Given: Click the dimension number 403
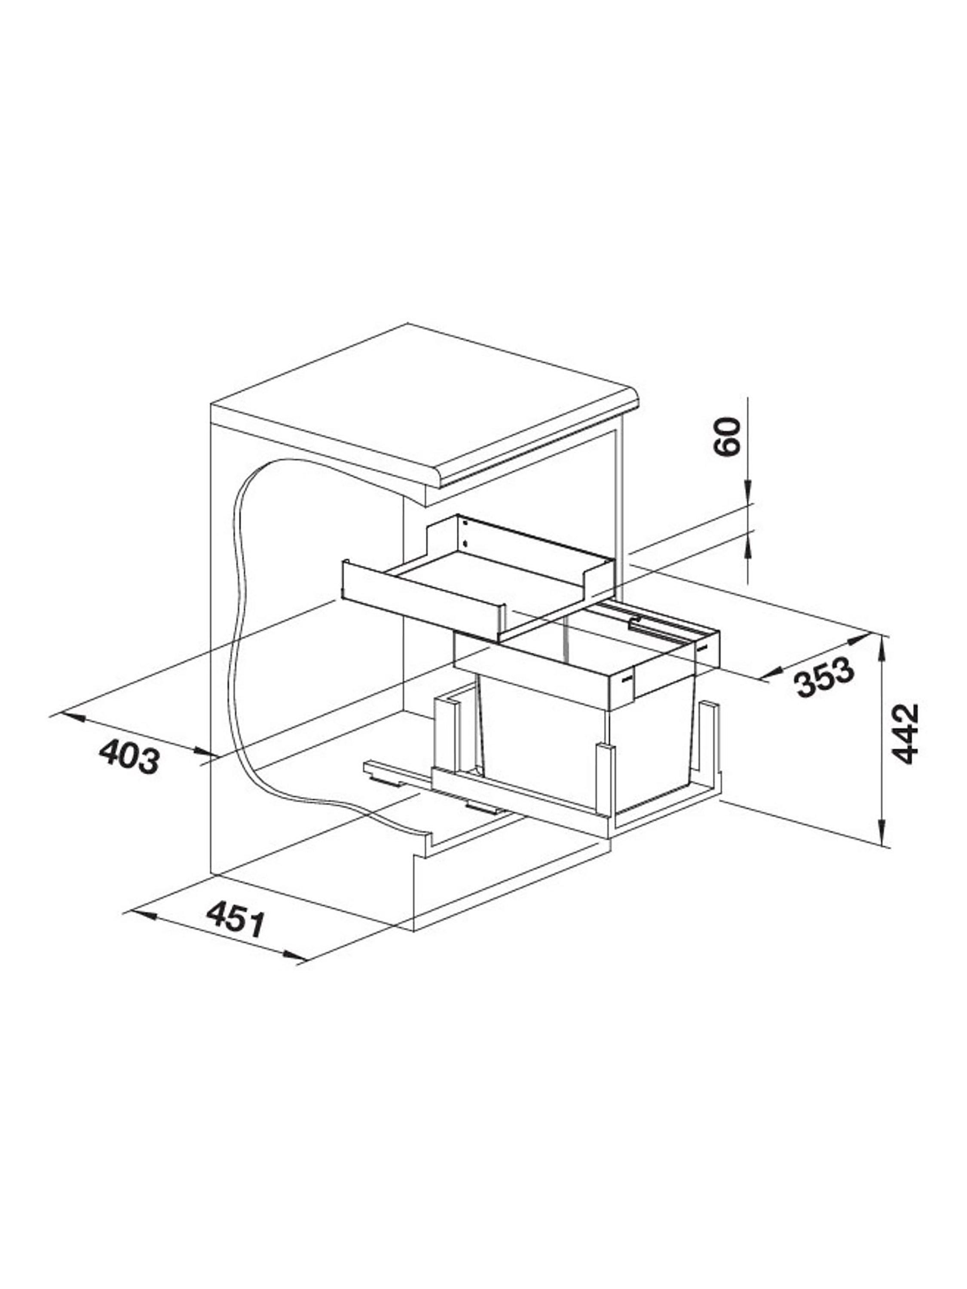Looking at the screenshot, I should pos(129,756).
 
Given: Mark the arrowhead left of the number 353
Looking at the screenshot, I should pos(773,674).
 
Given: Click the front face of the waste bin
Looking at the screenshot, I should pos(542,752).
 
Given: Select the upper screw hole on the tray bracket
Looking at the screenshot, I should pos(465,524).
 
